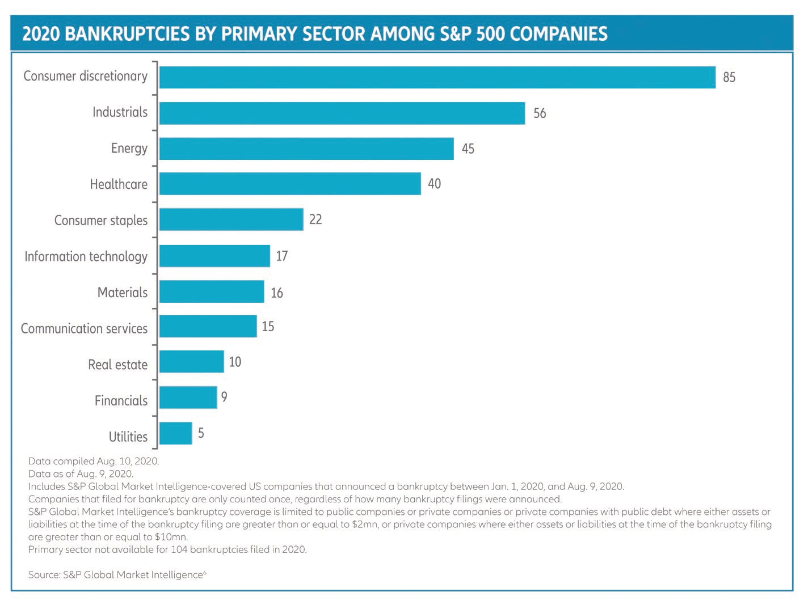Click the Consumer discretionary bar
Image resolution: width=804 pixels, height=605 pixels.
(437, 77)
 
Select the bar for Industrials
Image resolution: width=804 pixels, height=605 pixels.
(342, 113)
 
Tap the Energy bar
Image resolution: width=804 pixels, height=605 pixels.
(306, 149)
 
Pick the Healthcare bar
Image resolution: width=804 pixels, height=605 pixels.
(290, 184)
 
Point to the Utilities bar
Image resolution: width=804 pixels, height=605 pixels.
(176, 433)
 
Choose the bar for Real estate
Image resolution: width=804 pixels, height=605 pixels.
(192, 362)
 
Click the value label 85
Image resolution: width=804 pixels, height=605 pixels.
(729, 77)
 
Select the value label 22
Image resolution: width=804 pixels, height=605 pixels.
(315, 219)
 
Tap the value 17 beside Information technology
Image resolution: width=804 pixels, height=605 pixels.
(282, 256)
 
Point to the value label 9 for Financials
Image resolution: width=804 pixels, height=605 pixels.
(225, 397)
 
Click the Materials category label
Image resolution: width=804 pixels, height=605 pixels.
(123, 293)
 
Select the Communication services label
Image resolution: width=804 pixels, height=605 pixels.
(84, 328)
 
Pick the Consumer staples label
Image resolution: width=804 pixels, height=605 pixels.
(100, 221)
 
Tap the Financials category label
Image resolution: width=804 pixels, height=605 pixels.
(121, 401)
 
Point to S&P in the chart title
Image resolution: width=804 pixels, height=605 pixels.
(455, 34)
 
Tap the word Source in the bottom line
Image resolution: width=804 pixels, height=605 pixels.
(44, 575)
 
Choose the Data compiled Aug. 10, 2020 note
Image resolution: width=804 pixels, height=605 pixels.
(94, 461)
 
